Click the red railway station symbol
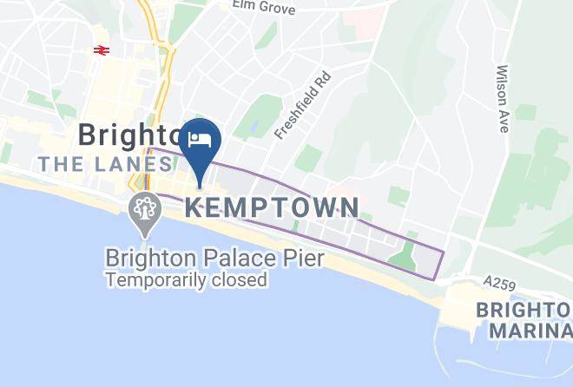pos(102,50)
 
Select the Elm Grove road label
pos(264,9)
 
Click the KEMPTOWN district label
pos(272,207)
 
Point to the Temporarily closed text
pos(186,280)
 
